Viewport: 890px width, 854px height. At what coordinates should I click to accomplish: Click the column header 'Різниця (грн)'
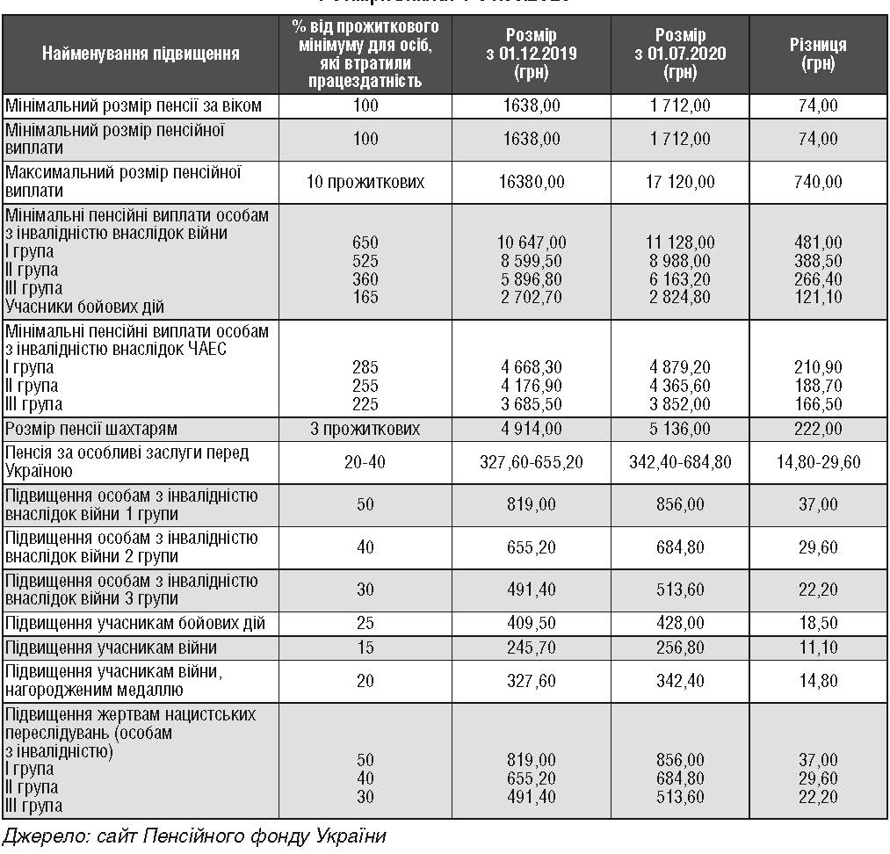pyautogui.click(x=818, y=54)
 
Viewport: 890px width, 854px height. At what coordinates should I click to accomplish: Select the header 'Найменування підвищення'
pyautogui.click(x=141, y=54)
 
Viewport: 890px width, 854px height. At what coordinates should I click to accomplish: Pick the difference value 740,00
pyautogui.click(x=818, y=182)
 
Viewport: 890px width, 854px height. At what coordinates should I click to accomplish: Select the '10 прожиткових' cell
pyautogui.click(x=365, y=182)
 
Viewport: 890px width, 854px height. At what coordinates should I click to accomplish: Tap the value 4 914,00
pyautogui.click(x=531, y=430)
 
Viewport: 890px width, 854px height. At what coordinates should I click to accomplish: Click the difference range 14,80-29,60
pyautogui.click(x=818, y=462)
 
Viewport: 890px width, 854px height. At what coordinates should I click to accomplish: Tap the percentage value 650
pyautogui.click(x=365, y=242)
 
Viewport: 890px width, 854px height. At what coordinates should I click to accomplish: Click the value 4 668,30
pyautogui.click(x=531, y=367)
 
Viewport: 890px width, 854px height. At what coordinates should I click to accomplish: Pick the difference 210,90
pyautogui.click(x=818, y=367)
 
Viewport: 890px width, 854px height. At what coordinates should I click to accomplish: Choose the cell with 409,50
pyautogui.click(x=531, y=623)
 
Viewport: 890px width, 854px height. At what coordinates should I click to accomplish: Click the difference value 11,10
pyautogui.click(x=818, y=648)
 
